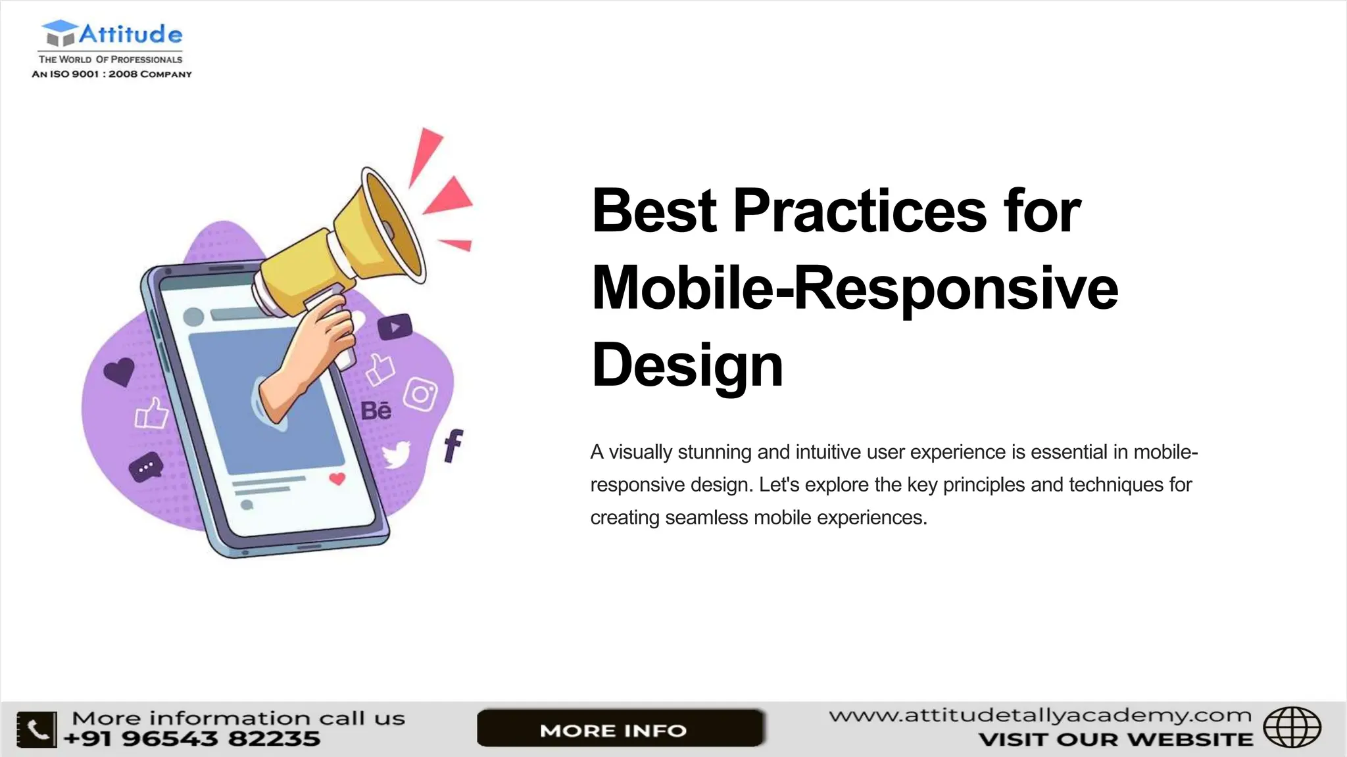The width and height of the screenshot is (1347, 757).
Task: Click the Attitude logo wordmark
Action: [x=130, y=34]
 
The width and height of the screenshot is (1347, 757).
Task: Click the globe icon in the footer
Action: [x=1292, y=727]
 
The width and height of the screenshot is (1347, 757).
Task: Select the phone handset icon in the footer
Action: [x=37, y=729]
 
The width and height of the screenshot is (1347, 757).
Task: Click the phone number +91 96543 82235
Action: [x=192, y=739]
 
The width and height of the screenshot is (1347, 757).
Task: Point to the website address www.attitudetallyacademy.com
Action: [x=1040, y=715]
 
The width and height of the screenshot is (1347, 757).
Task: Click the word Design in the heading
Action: [x=687, y=365]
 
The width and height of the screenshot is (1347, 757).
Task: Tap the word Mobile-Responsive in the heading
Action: [x=854, y=288]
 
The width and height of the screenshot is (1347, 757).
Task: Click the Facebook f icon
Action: [x=453, y=446]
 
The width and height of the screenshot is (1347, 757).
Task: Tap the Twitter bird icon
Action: [x=397, y=454]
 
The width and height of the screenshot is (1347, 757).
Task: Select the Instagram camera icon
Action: [x=420, y=394]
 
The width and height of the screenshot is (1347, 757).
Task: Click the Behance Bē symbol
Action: [x=376, y=411]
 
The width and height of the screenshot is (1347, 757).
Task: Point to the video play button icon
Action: [x=395, y=327]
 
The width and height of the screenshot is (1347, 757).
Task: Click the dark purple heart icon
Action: [x=120, y=371]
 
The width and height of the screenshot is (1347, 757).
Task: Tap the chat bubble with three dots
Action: [x=145, y=467]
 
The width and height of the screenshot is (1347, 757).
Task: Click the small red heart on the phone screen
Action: [x=337, y=478]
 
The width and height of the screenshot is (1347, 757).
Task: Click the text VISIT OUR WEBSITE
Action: [x=1115, y=740]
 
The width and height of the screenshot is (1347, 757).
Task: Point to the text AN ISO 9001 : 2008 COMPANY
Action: [x=112, y=74]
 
